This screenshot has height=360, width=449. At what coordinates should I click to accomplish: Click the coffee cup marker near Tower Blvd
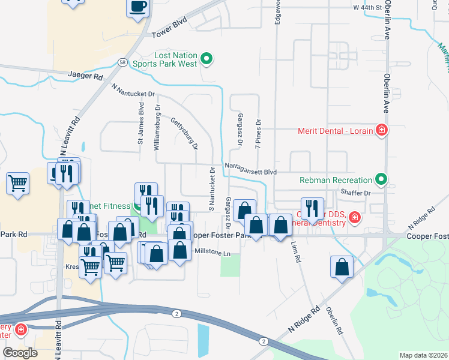tap(137, 7)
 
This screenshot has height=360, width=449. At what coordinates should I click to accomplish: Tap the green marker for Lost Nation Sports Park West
tap(206, 59)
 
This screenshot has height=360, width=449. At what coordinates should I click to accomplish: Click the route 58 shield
tap(122, 62)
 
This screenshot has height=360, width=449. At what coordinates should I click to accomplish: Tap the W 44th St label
tap(367, 8)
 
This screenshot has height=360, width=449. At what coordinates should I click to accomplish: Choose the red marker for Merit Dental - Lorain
tap(381, 130)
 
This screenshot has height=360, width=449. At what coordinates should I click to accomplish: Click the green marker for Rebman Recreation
tap(381, 179)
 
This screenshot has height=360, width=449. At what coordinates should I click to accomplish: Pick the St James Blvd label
tap(141, 124)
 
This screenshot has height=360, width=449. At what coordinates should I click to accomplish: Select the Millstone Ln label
tap(211, 253)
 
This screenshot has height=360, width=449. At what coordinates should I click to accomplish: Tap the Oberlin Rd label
tap(334, 321)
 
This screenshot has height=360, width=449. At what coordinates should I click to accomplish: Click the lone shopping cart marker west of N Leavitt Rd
tap(18, 182)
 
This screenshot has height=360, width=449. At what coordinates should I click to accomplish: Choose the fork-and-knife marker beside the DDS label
tap(312, 208)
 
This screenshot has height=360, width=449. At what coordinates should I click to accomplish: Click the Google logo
tap(20, 353)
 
